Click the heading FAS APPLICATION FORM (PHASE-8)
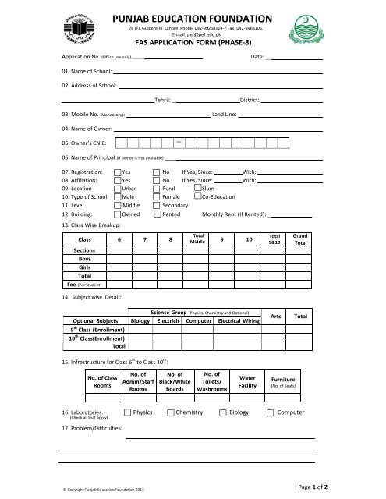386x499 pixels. click(192, 44)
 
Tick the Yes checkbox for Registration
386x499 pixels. click(117, 170)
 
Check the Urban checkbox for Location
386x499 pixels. click(117, 188)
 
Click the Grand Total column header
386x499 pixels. click(301, 239)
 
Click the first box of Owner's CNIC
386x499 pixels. click(120, 143)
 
